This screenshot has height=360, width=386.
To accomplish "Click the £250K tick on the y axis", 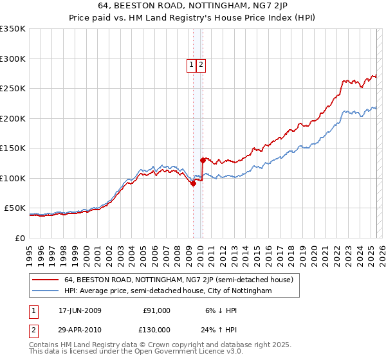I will pos(13,89).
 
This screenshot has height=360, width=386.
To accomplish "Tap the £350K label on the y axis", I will pos(13,29).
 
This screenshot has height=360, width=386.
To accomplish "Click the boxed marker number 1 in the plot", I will pos(192,64).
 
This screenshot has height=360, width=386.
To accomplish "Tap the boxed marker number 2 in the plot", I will pos(201,64).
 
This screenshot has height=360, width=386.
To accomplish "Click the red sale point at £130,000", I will pos(203,160).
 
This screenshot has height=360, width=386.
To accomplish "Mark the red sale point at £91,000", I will pos(193,183).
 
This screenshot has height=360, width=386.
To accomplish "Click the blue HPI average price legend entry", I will pos(168,291).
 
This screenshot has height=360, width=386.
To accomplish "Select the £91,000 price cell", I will pos(156,310).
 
